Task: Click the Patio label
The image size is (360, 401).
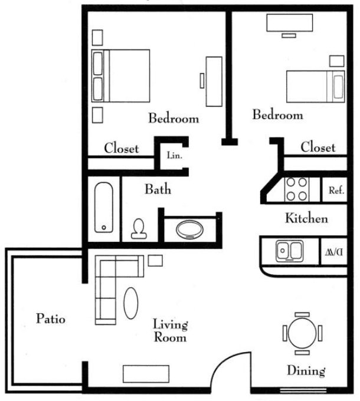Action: [x=51, y=319]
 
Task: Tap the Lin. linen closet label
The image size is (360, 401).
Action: [x=175, y=155]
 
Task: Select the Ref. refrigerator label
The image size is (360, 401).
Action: [x=336, y=190]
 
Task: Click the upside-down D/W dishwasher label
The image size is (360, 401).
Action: [x=334, y=252]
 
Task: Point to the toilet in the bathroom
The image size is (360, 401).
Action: [x=139, y=229]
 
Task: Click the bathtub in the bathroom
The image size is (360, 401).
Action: [x=104, y=208]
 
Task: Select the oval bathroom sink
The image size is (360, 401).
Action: [x=189, y=229]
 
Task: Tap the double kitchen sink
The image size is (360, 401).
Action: [x=290, y=251]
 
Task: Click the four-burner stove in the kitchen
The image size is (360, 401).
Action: [x=297, y=189]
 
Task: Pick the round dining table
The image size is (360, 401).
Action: [x=302, y=333]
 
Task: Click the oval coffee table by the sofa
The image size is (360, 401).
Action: [x=131, y=303]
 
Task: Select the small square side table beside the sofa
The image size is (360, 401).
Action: [x=155, y=261]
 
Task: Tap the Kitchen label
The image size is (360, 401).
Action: [x=306, y=218]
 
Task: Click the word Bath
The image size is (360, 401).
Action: [x=158, y=189]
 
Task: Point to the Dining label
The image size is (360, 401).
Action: [x=306, y=371]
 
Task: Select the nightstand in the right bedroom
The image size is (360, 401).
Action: [x=337, y=61]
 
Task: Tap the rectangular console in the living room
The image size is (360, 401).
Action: [x=146, y=374]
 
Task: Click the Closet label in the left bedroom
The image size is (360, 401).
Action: [x=122, y=149]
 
